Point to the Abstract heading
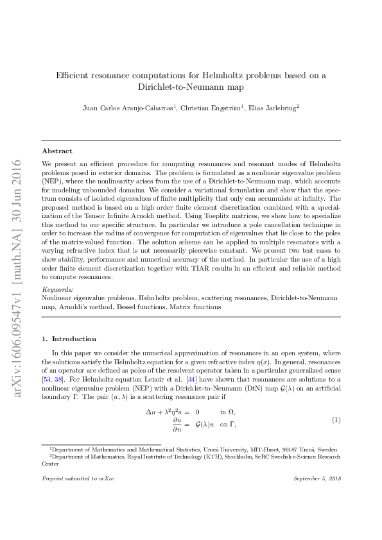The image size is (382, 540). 57,151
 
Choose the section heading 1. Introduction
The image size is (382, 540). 69,339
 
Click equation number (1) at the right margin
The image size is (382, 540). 335,419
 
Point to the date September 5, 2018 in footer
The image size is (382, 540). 317,479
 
